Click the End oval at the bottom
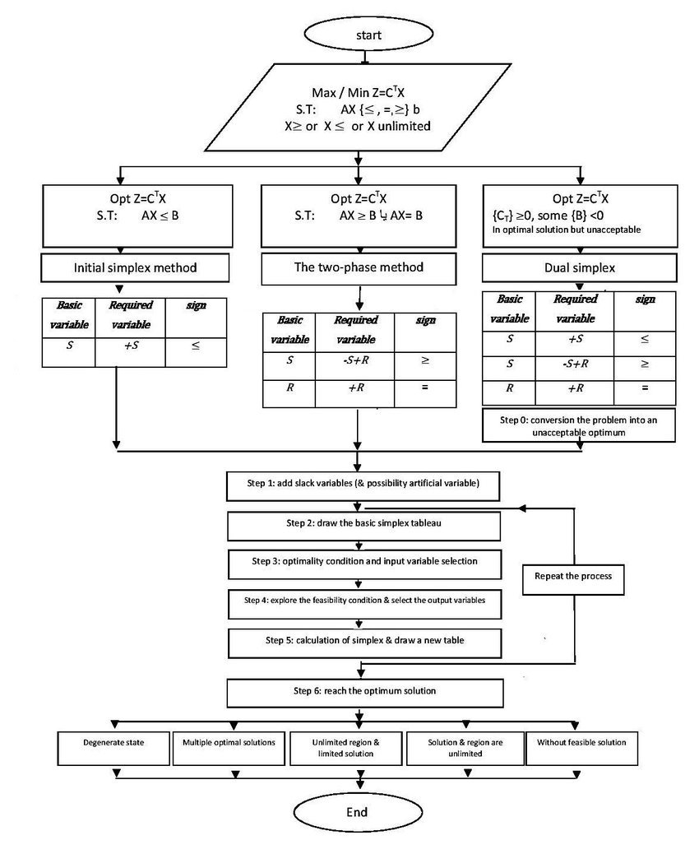tap(356, 812)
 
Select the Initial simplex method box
tap(123, 268)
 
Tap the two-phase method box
tap(359, 267)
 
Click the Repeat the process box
tap(568, 575)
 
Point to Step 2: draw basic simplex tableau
tap(363, 523)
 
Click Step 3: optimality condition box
tap(363, 561)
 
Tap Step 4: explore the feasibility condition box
tap(363, 601)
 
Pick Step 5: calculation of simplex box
tap(363, 639)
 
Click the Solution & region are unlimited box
tap(465, 747)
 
